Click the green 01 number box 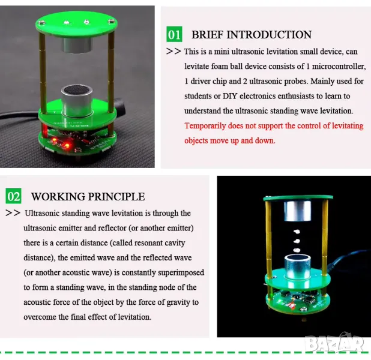tap(174, 34)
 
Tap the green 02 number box tap(13, 196)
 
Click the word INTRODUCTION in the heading tap(269, 35)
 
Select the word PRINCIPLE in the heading tap(116, 197)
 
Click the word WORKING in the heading tap(58, 197)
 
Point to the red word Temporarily tap(205, 126)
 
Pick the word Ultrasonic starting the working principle tap(42, 213)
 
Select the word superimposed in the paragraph tap(181, 272)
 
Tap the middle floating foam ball tap(297, 241)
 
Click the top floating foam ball tap(297, 232)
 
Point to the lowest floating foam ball tap(297, 250)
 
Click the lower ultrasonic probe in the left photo tap(77, 101)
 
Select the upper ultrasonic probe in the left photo tap(77, 45)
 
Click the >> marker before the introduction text tap(173, 52)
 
